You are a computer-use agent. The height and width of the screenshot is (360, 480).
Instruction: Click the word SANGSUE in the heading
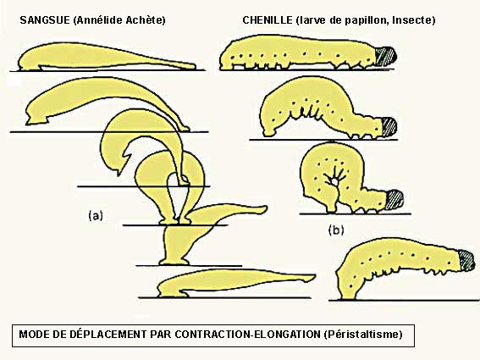(45, 20)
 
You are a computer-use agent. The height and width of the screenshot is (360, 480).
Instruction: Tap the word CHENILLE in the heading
(268, 20)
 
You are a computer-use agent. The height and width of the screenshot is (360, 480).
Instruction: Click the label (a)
(96, 216)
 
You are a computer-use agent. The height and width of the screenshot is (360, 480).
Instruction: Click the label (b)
(336, 230)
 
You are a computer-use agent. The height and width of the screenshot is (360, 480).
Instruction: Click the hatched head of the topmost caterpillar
(386, 57)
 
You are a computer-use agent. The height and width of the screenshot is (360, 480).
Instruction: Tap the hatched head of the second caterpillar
(389, 126)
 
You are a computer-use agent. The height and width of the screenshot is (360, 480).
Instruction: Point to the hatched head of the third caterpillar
(394, 199)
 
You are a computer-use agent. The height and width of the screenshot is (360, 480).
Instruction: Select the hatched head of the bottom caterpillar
(466, 260)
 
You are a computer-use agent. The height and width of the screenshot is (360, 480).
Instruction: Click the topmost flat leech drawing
(107, 57)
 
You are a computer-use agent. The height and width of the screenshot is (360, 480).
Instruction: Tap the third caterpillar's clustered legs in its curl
(336, 179)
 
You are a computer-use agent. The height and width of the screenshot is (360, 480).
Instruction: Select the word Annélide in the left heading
(100, 20)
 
